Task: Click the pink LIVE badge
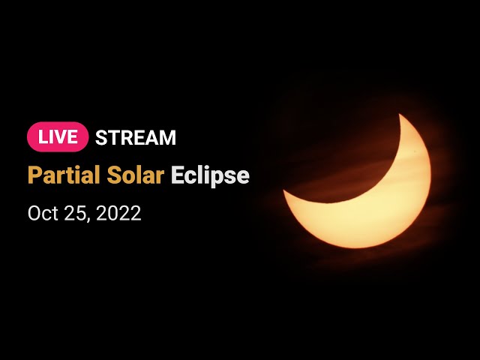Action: [x=58, y=136]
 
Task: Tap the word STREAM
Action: [x=136, y=137]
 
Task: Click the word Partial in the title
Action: [x=64, y=175]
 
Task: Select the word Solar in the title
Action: [x=136, y=175]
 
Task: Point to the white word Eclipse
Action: [x=210, y=176]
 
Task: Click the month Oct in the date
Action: [x=43, y=213]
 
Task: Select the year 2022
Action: [x=118, y=213]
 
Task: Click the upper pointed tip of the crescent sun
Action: [x=400, y=114]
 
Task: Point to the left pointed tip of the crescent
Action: [x=283, y=190]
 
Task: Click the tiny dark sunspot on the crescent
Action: [x=415, y=151]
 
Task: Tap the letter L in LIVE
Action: [x=43, y=137]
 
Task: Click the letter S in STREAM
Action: [x=100, y=137]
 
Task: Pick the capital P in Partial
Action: [x=34, y=175]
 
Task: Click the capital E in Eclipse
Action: [x=176, y=175]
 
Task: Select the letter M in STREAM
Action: [x=168, y=137]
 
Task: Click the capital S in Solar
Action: [x=113, y=175]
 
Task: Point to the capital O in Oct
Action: [x=34, y=213]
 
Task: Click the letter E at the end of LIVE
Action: [x=73, y=137]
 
